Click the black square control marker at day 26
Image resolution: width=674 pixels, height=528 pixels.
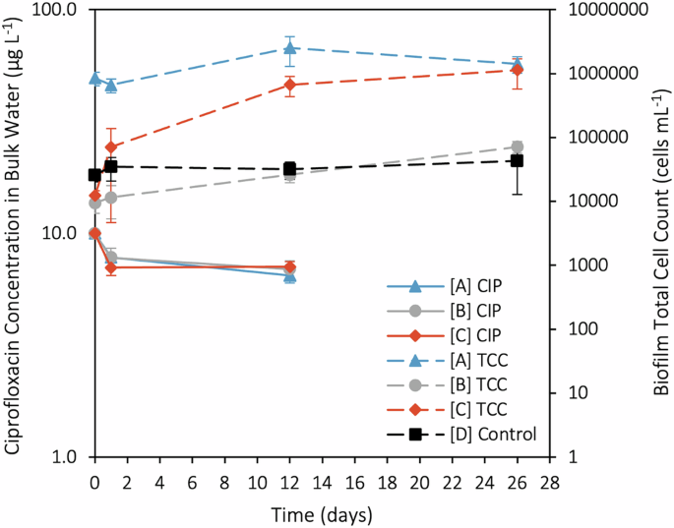(x=518, y=160)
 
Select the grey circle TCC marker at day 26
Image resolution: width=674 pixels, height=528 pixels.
(x=518, y=147)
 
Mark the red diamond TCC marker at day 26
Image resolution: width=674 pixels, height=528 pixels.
(x=518, y=70)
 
